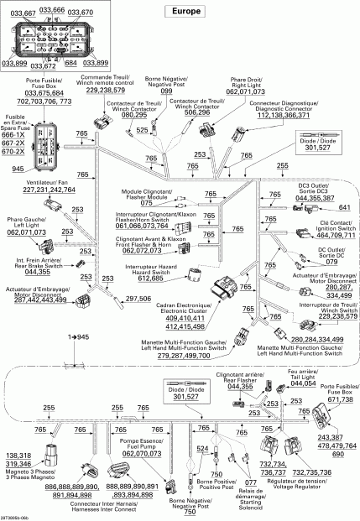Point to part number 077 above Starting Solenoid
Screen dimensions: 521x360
(250, 482)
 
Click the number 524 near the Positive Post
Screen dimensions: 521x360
(201, 450)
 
